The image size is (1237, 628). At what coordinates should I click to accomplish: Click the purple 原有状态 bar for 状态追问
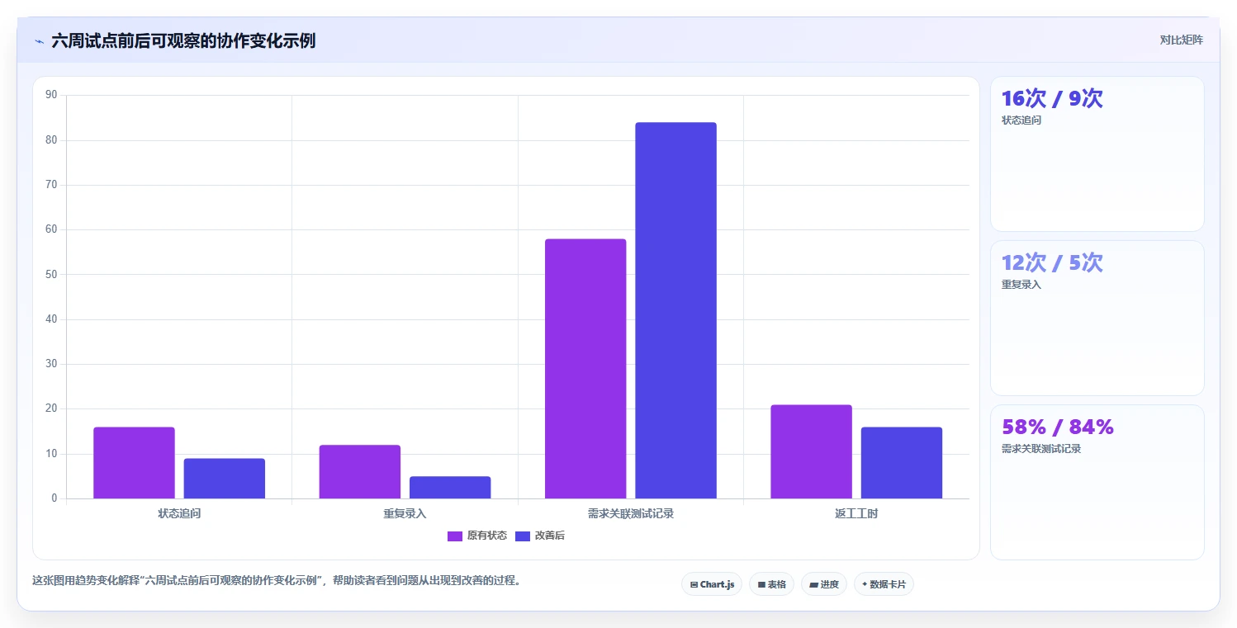point(135,462)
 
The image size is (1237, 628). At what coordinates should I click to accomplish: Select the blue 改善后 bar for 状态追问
point(225,479)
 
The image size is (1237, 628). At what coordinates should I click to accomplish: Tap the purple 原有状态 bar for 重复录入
point(359,472)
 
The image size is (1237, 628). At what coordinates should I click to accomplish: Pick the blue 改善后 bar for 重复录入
point(450,487)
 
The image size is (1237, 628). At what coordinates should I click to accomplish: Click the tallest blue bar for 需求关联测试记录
point(676,310)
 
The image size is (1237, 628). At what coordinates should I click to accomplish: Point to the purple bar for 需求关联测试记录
point(585,369)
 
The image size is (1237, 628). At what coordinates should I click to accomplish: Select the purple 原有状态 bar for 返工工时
point(811,451)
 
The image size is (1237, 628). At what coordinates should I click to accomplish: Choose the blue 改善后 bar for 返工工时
point(902,462)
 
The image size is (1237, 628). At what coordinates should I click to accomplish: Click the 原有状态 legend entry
point(477,536)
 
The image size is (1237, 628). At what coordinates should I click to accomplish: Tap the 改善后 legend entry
point(540,536)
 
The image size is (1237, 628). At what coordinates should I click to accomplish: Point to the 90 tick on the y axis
point(51,94)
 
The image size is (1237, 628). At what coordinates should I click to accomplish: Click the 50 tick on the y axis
point(51,274)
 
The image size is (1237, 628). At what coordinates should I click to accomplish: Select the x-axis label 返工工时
point(856,514)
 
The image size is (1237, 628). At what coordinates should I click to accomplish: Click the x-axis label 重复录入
point(405,514)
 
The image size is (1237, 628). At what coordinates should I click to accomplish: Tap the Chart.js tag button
point(712,584)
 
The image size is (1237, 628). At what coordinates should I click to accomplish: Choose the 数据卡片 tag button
point(884,584)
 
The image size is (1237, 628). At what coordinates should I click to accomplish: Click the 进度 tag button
point(823,584)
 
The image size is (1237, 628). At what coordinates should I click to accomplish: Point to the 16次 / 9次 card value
point(1052,98)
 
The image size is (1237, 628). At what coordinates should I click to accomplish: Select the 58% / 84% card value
point(1058,427)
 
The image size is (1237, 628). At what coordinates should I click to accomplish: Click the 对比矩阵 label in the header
point(1181,40)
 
